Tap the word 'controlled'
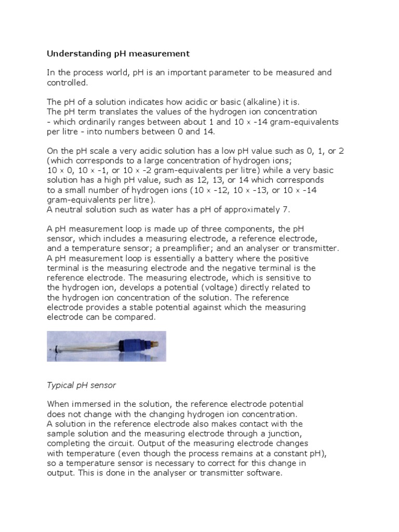click(67, 82)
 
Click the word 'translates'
click(121, 112)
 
